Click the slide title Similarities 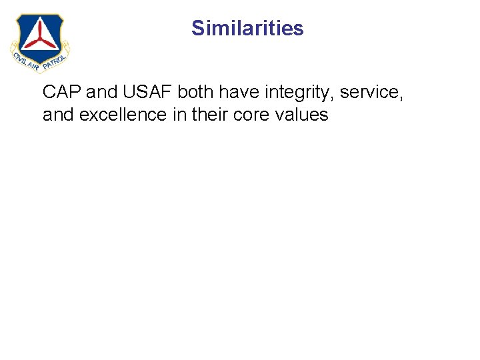[247, 28]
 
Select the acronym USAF [147, 92]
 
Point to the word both [195, 92]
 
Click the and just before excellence [59, 115]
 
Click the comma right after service [401, 97]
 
